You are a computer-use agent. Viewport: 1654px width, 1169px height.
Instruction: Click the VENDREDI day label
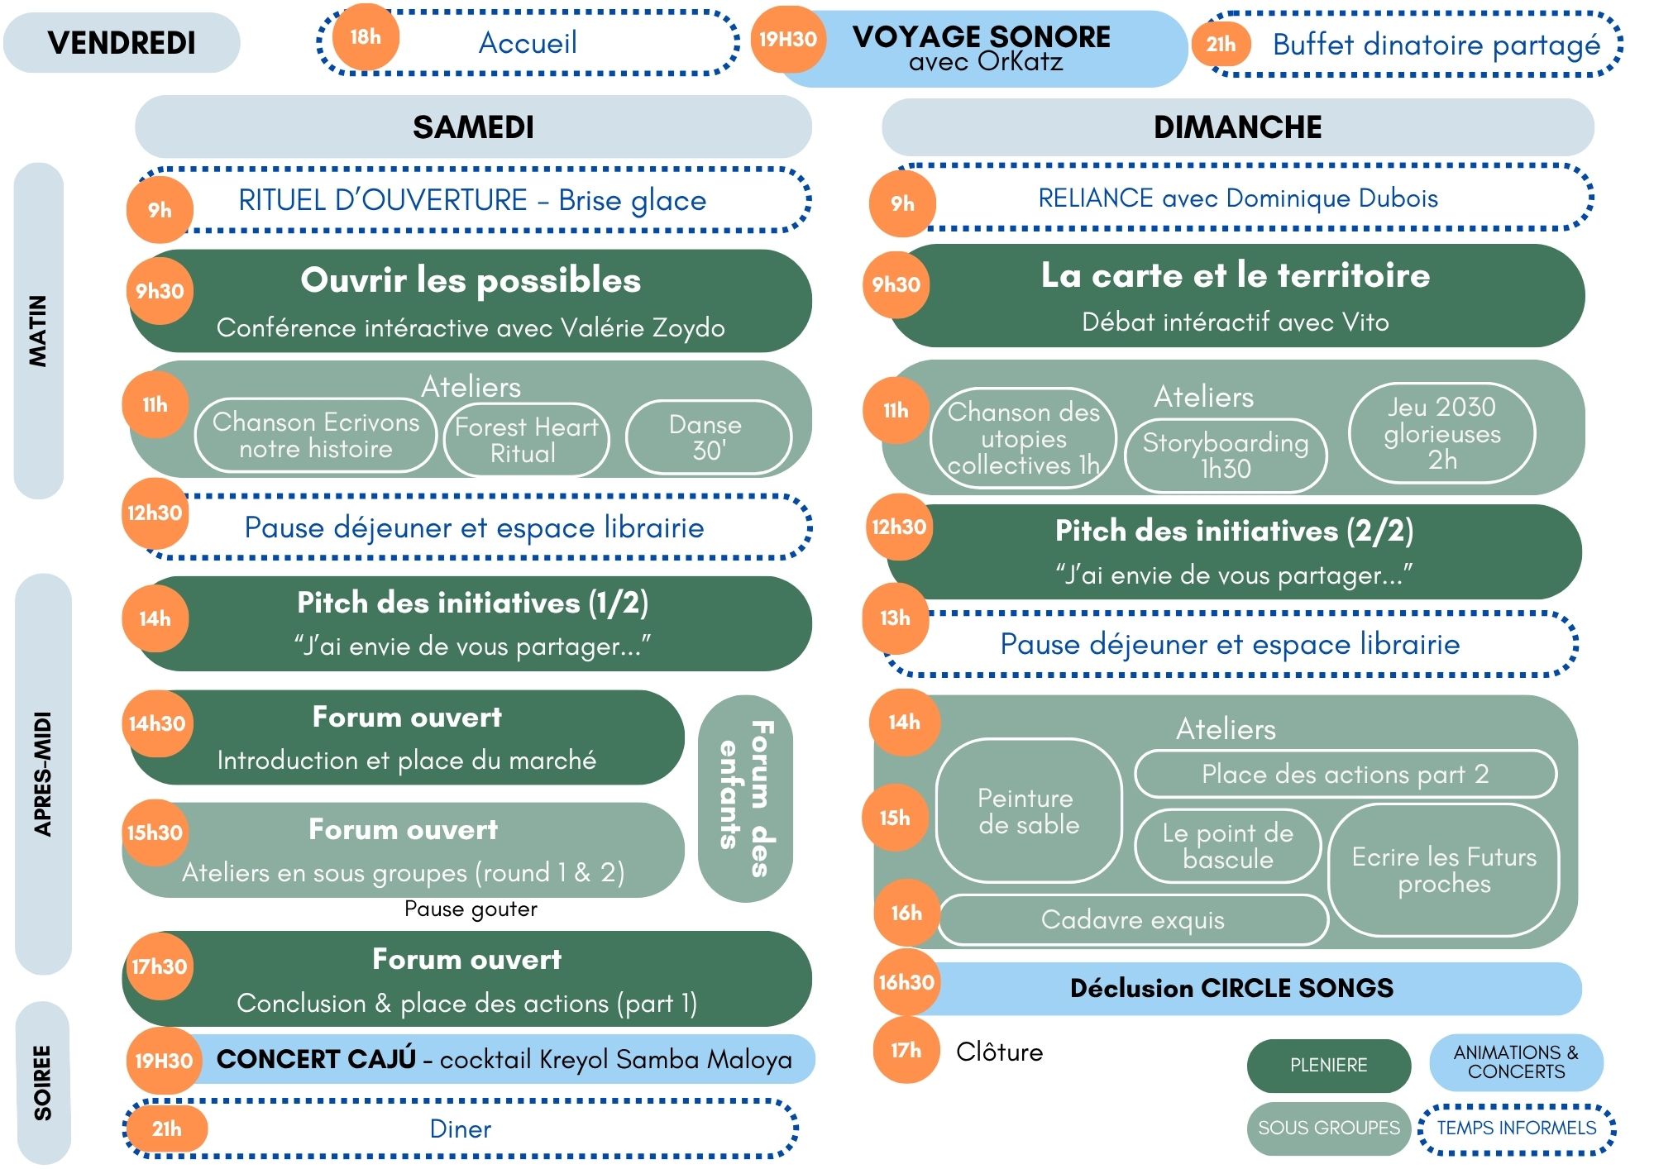click(122, 43)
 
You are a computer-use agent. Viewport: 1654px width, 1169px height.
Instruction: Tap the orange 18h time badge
click(366, 37)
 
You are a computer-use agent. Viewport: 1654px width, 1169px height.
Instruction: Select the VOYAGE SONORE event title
click(982, 36)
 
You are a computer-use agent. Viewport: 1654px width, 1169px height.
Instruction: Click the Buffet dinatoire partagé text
click(1436, 45)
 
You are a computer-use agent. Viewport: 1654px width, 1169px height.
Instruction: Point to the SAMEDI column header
click(473, 126)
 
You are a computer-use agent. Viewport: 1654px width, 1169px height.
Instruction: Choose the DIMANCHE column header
click(1237, 126)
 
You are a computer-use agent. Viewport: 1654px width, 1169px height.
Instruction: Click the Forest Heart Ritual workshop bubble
click(526, 440)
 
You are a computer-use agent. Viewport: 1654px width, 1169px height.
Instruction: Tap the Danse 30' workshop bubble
click(708, 437)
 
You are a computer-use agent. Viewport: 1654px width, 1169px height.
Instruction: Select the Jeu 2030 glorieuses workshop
click(1441, 433)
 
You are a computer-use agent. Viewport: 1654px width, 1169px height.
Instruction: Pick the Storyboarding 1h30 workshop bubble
click(1226, 456)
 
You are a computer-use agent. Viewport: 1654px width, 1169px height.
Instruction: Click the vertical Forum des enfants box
click(745, 798)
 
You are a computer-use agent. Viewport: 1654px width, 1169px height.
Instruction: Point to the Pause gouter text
click(471, 909)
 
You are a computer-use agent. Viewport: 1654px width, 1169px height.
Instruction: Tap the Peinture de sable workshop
click(1029, 811)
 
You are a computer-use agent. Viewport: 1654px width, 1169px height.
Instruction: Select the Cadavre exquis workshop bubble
click(1133, 920)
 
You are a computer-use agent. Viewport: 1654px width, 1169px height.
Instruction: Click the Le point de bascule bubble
click(1227, 846)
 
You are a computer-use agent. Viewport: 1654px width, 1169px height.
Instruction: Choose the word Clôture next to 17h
click(999, 1052)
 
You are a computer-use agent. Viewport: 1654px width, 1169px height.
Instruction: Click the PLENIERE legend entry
click(1328, 1066)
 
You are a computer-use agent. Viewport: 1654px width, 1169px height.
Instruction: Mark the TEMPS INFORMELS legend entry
click(1517, 1128)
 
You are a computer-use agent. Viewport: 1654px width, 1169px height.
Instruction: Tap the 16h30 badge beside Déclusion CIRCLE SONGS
click(906, 982)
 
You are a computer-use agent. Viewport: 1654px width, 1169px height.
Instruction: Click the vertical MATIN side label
click(38, 331)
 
